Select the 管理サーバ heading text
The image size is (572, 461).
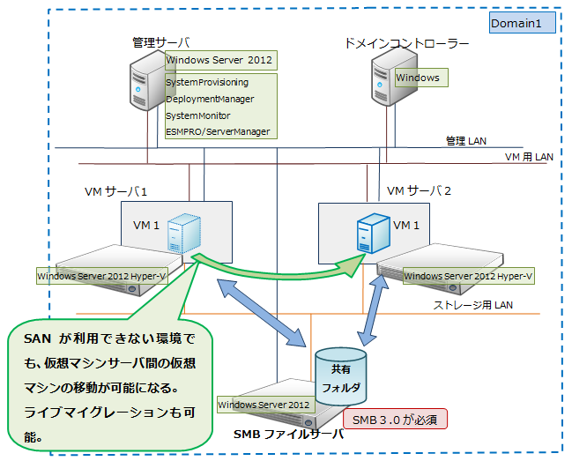pos(160,41)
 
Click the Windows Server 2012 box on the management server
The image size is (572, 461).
pos(219,60)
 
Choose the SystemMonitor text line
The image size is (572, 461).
pos(198,115)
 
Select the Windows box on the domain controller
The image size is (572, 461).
pos(419,78)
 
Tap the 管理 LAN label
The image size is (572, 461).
pos(465,139)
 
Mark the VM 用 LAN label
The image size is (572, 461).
pos(529,157)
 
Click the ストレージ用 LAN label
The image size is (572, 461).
pos(472,305)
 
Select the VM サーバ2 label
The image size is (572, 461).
pos(420,191)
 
